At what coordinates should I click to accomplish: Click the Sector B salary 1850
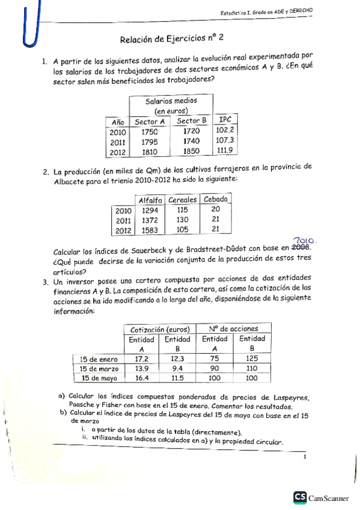pos(191,152)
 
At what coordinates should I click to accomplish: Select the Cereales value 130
pos(183,220)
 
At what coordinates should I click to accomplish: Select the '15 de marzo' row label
pos(99,368)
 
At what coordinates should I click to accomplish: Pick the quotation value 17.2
pos(141,358)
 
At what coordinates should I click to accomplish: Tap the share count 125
pos(252,358)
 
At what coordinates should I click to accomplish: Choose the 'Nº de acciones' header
pos(234,329)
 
